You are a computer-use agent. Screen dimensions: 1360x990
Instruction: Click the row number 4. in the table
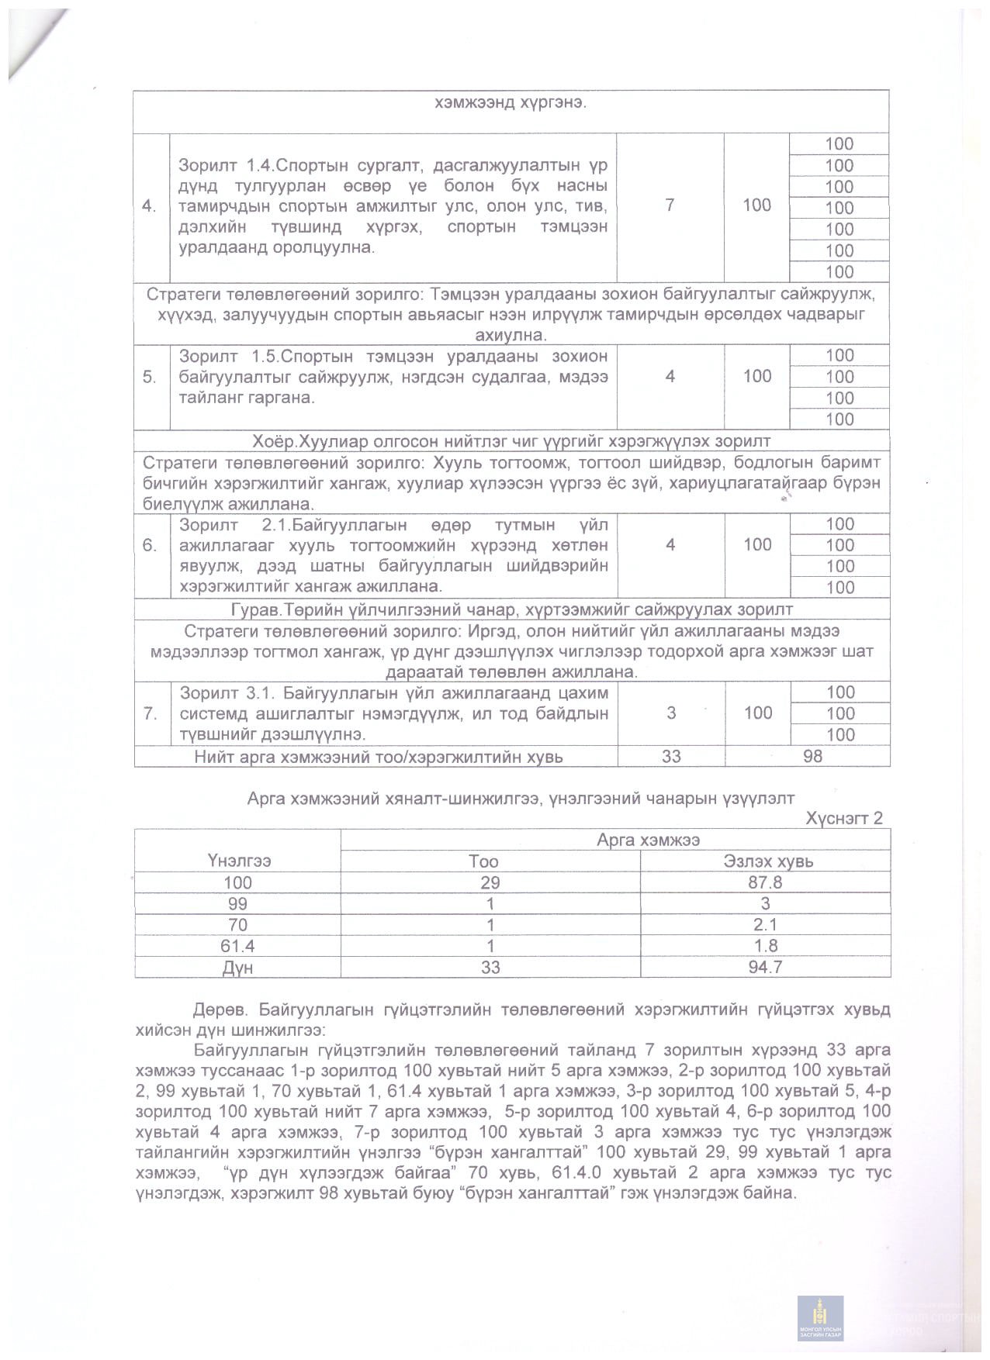click(x=151, y=206)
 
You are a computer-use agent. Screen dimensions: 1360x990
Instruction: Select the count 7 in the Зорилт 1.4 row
click(x=670, y=205)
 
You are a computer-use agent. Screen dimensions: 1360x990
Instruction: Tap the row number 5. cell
click(x=151, y=377)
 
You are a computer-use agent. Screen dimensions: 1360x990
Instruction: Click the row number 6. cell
click(x=151, y=545)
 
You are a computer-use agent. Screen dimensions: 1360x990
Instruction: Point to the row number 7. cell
click(x=151, y=713)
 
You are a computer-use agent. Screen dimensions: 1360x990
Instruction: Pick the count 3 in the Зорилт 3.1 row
click(x=671, y=713)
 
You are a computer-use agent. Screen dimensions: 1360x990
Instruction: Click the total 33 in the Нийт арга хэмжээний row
click(x=671, y=756)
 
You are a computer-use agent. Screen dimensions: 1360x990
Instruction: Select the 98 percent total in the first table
click(x=812, y=756)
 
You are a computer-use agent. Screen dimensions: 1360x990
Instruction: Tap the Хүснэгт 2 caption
click(x=844, y=818)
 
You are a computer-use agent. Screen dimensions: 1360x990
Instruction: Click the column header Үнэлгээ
click(x=238, y=861)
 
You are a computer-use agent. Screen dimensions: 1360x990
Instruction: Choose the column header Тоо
click(x=483, y=861)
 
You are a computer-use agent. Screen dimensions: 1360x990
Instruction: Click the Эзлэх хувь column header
click(x=768, y=861)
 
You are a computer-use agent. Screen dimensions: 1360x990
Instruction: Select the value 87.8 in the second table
click(x=765, y=882)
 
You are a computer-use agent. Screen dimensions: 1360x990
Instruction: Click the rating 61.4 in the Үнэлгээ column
click(x=237, y=946)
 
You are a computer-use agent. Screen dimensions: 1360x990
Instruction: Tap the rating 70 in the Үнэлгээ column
click(x=237, y=925)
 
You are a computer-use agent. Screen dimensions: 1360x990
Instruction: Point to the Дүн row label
click(x=237, y=968)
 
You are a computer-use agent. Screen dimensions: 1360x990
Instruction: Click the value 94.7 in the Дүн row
click(x=765, y=968)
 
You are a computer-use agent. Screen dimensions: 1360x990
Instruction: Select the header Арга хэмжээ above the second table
click(x=649, y=840)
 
